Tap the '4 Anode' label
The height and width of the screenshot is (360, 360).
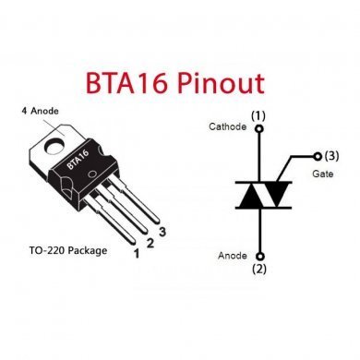38,111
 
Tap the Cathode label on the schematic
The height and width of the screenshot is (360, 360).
228,126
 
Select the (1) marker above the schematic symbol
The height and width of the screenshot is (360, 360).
259,114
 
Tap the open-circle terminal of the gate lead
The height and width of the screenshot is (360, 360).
318,156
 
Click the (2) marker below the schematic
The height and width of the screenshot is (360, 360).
259,270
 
